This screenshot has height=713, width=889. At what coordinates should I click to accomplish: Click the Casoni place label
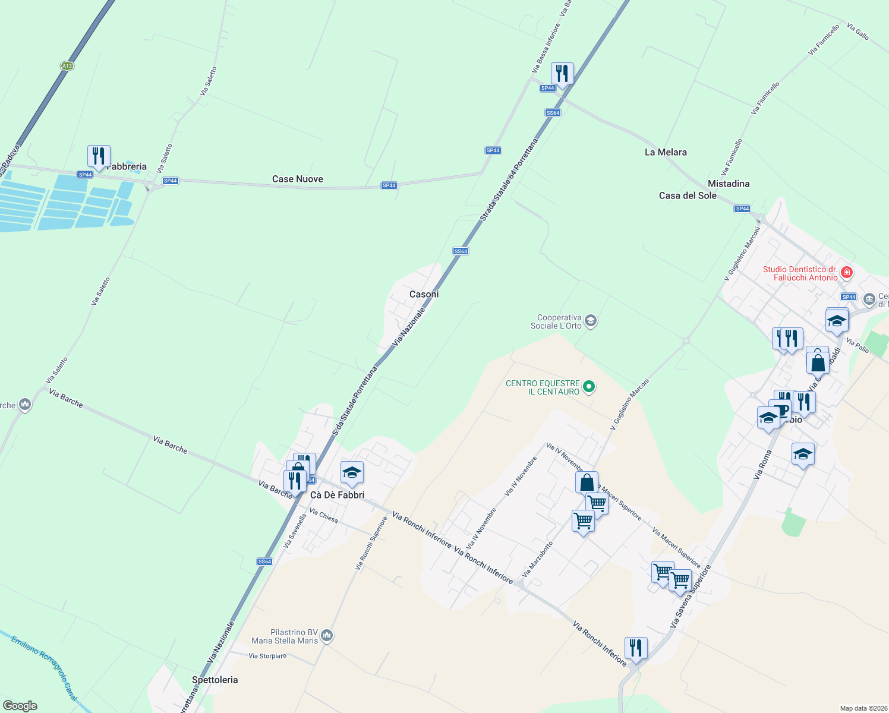pyautogui.click(x=424, y=294)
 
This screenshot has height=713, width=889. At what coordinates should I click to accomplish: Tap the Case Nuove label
pyautogui.click(x=297, y=179)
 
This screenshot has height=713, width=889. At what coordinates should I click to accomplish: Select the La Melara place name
pyautogui.click(x=666, y=152)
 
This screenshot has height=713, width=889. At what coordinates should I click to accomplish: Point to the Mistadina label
pyautogui.click(x=729, y=184)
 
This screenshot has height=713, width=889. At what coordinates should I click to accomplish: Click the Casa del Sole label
pyautogui.click(x=688, y=195)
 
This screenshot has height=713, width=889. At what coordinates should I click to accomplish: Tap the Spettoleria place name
pyautogui.click(x=215, y=680)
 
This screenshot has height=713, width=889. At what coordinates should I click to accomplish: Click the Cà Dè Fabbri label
pyautogui.click(x=337, y=495)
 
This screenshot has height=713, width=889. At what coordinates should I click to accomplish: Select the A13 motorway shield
pyautogui.click(x=67, y=66)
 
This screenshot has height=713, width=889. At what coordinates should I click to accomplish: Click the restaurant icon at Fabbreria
pyautogui.click(x=99, y=156)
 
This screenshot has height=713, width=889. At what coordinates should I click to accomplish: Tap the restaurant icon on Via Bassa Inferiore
pyautogui.click(x=562, y=74)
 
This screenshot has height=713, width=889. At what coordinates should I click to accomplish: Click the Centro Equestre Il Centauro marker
pyautogui.click(x=589, y=387)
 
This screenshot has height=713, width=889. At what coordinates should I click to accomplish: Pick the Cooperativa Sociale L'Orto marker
pyautogui.click(x=590, y=321)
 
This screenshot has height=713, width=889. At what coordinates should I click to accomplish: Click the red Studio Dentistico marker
pyautogui.click(x=847, y=273)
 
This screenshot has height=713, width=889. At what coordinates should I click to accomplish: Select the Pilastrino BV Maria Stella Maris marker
pyautogui.click(x=326, y=637)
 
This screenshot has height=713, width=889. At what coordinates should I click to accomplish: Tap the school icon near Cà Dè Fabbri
pyautogui.click(x=352, y=473)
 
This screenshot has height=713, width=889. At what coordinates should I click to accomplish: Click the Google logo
pyautogui.click(x=20, y=706)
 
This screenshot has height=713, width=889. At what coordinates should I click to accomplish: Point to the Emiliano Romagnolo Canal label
pyautogui.click(x=45, y=665)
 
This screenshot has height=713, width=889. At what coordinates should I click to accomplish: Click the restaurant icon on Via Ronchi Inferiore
pyautogui.click(x=635, y=648)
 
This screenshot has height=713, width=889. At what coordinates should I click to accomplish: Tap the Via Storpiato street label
pyautogui.click(x=267, y=656)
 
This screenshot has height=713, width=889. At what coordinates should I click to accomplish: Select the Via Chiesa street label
pyautogui.click(x=324, y=516)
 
